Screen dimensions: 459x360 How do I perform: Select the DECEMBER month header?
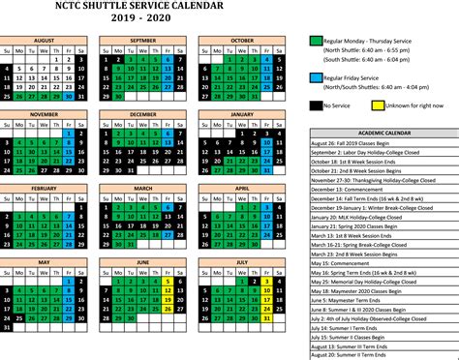(142, 113)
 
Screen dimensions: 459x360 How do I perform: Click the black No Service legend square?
(316, 105)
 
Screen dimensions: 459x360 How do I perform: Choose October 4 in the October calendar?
(266, 58)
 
